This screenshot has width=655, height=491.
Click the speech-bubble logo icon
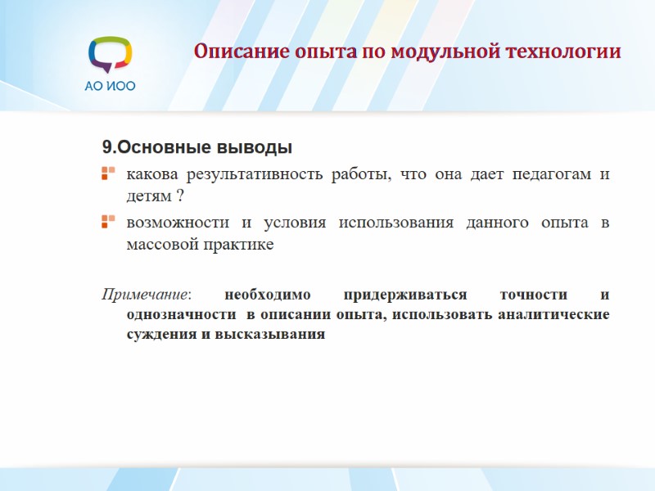[x=110, y=55]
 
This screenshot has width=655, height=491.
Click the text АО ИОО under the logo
[x=110, y=86]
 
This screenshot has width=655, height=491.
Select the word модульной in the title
[x=436, y=52]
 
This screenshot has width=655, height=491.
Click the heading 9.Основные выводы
[x=197, y=148]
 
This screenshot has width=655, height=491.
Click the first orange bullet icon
[x=107, y=173]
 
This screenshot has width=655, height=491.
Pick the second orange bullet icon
[x=107, y=222]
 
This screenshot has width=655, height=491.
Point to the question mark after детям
[x=179, y=196]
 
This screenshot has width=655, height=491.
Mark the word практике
[x=236, y=245]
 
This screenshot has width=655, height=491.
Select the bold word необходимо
[x=264, y=294]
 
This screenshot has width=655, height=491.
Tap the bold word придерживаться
[x=405, y=294]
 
